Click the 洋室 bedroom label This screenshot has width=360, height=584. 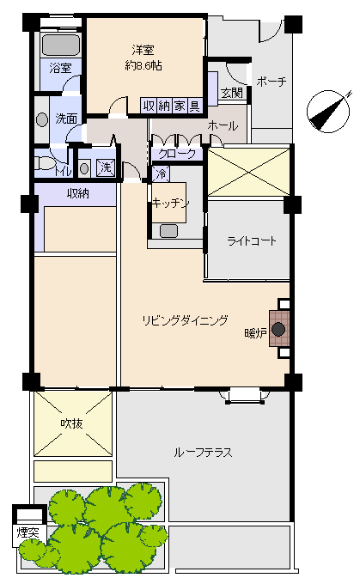[x=143, y=50]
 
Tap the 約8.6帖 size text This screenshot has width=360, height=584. [x=143, y=66]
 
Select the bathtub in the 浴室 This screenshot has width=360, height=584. [x=61, y=45]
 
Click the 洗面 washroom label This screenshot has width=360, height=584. [x=66, y=119]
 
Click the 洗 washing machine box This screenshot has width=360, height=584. [x=107, y=167]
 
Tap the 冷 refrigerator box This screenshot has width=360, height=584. [x=161, y=174]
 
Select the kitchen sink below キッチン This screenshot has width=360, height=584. [x=168, y=231]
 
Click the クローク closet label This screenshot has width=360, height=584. [x=177, y=154]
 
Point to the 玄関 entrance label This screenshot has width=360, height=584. [x=232, y=93]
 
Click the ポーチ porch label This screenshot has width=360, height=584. [x=272, y=82]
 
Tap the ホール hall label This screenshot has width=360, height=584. [x=223, y=126]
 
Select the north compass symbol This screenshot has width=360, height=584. [x=329, y=111]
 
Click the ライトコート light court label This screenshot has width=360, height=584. [x=252, y=241]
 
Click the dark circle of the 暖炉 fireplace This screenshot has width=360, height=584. [x=278, y=329]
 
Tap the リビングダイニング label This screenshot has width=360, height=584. [x=186, y=320]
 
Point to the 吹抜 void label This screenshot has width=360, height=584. [x=72, y=423]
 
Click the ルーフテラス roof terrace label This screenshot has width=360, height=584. [x=203, y=453]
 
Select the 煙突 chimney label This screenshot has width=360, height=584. [x=28, y=532]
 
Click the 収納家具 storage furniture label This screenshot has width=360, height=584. [x=172, y=106]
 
